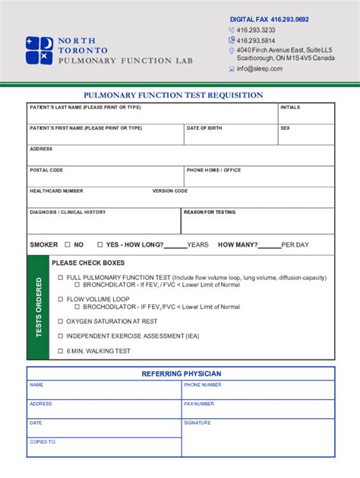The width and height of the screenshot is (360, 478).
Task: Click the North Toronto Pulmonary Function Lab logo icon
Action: click(39, 50)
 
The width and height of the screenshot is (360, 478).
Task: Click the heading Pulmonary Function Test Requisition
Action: click(173, 96)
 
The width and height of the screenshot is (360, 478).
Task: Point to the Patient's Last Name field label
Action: click(85, 108)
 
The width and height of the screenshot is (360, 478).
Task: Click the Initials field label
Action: click(290, 108)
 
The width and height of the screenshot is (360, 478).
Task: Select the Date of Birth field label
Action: click(204, 128)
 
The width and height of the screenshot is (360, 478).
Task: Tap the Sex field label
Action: click(285, 128)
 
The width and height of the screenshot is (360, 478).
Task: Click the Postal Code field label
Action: click(46, 170)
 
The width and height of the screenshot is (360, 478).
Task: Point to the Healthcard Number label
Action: click(56, 191)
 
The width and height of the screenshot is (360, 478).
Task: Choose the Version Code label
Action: click(170, 191)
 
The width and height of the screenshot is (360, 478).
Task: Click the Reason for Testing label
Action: click(210, 212)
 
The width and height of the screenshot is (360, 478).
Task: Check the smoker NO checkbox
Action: click(68, 245)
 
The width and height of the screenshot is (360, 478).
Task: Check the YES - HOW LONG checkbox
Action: click(98, 245)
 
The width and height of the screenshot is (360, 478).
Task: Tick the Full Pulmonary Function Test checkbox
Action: click(61, 278)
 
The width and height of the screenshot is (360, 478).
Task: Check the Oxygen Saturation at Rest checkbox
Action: click(61, 321)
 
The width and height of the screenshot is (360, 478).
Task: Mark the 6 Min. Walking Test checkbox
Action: click(61, 351)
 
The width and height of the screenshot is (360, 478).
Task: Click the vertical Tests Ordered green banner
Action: click(39, 307)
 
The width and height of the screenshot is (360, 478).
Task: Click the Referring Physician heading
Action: click(182, 373)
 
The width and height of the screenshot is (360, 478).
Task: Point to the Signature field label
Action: click(197, 423)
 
